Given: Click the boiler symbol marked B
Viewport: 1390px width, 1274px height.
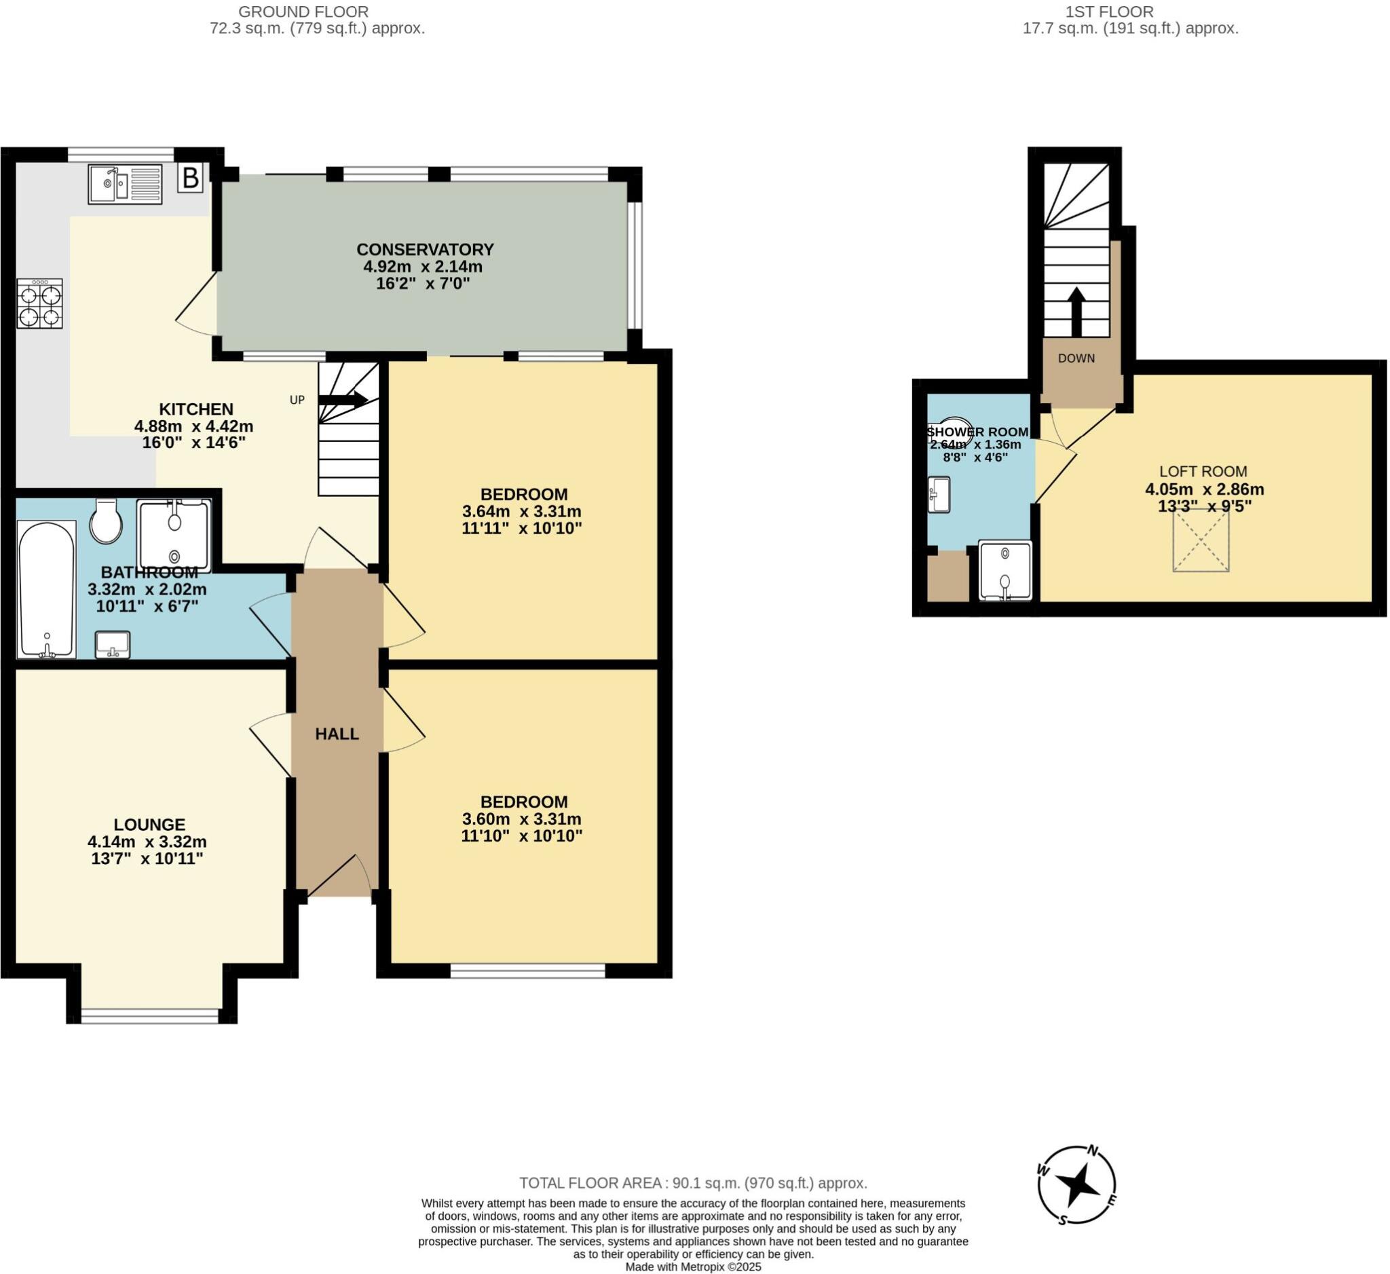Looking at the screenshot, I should pyautogui.click(x=190, y=178).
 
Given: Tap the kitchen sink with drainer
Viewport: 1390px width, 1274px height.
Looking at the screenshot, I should pyautogui.click(x=125, y=184).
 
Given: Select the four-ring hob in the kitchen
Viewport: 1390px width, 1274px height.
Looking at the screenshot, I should pyautogui.click(x=40, y=304).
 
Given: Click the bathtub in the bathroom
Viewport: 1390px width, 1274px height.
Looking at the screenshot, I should pyautogui.click(x=46, y=589).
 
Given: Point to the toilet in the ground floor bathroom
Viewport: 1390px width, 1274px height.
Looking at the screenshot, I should pyautogui.click(x=106, y=522).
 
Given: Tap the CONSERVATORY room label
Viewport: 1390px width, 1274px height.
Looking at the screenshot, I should pyautogui.click(x=425, y=249).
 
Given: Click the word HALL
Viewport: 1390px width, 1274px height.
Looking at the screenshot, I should pyautogui.click(x=337, y=734).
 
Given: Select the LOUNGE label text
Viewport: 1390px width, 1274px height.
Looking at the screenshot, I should pyautogui.click(x=149, y=825).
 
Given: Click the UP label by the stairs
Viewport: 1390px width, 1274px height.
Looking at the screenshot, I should pyautogui.click(x=297, y=400).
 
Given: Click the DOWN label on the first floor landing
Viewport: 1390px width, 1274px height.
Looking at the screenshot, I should pyautogui.click(x=1076, y=358).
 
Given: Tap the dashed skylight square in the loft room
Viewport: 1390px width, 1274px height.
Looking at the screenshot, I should pyautogui.click(x=1201, y=541).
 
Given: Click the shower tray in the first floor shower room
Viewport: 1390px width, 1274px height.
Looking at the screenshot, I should pyautogui.click(x=1005, y=571).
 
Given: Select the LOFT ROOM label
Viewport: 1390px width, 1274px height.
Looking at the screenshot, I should pyautogui.click(x=1203, y=472).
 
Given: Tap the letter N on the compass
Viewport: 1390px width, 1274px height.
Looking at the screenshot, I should pyautogui.click(x=1092, y=1150).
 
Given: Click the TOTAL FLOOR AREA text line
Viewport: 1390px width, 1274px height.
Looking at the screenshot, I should pyautogui.click(x=693, y=1183).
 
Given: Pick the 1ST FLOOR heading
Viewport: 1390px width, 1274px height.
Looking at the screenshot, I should pyautogui.click(x=1109, y=12).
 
